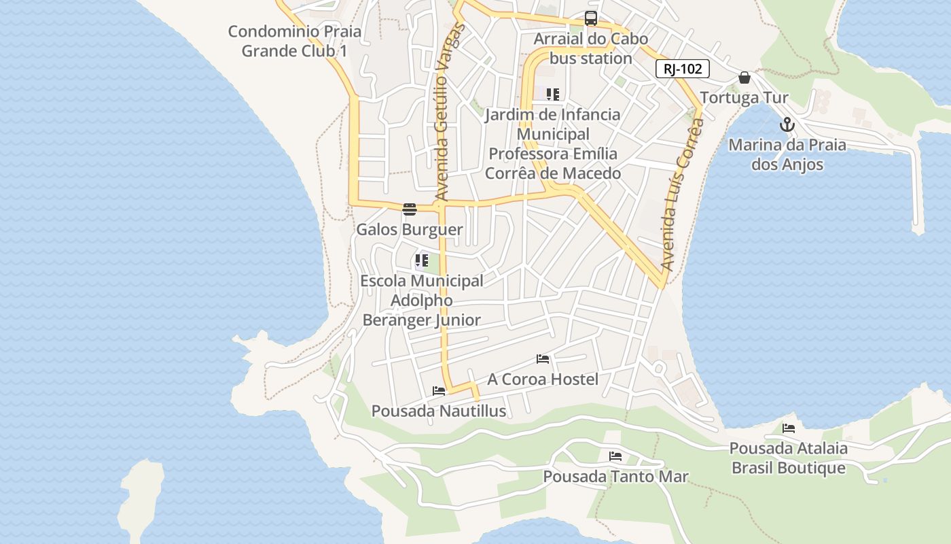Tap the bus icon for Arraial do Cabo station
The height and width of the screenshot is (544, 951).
(591, 18)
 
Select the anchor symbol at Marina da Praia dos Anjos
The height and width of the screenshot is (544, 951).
(787, 124)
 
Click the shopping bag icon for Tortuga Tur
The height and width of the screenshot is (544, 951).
(744, 78)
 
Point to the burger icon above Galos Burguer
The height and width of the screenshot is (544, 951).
(409, 209)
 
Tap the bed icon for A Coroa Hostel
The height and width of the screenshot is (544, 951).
(543, 358)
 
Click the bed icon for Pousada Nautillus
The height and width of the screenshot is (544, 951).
(439, 391)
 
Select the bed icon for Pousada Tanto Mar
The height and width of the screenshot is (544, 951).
(615, 456)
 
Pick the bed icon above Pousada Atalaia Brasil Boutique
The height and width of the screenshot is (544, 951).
(789, 428)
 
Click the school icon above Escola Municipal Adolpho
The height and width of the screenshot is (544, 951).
(422, 260)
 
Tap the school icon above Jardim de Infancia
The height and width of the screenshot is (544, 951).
(553, 94)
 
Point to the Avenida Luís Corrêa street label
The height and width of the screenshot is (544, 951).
(681, 197)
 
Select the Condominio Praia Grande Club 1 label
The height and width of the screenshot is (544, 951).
(295, 41)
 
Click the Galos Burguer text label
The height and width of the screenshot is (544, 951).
(410, 230)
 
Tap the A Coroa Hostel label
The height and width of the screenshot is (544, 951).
(543, 379)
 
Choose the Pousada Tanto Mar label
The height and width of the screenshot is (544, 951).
(615, 477)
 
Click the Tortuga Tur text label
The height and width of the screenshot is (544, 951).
(744, 98)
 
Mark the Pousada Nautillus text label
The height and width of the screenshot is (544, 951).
(439, 411)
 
